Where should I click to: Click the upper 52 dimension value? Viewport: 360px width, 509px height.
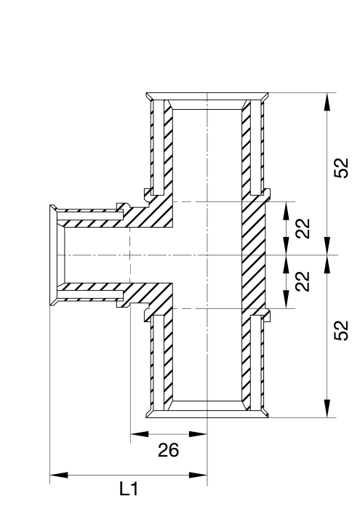tap(341, 168)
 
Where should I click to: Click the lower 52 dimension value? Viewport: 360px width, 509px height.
tap(341, 330)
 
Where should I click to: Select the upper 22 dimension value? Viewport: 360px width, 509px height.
tap(303, 228)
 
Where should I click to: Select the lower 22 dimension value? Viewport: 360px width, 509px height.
tap(303, 281)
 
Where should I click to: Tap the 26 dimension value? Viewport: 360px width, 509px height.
tap(169, 450)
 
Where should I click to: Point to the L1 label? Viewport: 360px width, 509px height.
tap(129, 489)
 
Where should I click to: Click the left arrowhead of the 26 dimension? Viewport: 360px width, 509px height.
tap(140, 433)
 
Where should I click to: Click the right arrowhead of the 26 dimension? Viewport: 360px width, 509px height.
tap(198, 433)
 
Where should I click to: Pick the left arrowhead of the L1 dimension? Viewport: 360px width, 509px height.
tap(59, 475)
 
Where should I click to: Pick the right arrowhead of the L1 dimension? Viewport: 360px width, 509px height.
tap(198, 475)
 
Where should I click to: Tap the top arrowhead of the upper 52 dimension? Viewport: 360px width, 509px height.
tap(327, 102)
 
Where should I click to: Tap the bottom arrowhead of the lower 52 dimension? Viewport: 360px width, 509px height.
tap(327, 409)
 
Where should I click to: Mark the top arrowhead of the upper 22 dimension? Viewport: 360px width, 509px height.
tap(286, 211)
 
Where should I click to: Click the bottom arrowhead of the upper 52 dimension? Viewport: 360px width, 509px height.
tap(327, 246)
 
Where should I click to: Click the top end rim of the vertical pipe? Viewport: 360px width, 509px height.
tap(207, 96)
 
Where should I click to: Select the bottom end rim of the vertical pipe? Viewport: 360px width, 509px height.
tap(207, 414)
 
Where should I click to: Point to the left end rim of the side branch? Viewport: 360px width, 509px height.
tap(53, 255)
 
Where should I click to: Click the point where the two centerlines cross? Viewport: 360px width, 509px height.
tap(207, 255)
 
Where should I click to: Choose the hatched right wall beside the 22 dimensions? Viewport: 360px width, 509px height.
tap(254, 255)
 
